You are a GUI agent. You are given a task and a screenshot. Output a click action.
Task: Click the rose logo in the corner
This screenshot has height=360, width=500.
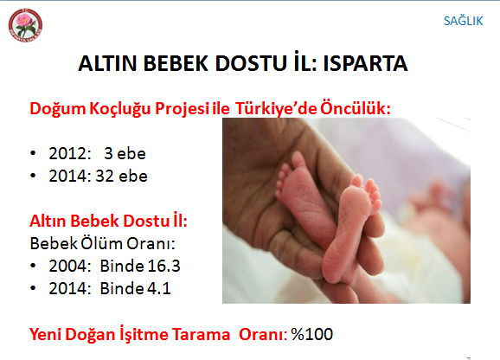[25, 25]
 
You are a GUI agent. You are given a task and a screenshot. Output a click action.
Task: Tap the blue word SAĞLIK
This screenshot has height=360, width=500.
[463, 21]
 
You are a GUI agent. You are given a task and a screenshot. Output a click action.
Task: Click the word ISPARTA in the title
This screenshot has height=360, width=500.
[365, 63]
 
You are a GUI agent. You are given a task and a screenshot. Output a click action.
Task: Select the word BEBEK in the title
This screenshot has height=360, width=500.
[176, 63]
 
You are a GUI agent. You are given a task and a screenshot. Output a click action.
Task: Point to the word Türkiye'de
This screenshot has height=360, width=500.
[276, 108]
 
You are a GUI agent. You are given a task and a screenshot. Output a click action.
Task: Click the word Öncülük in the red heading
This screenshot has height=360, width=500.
[356, 108]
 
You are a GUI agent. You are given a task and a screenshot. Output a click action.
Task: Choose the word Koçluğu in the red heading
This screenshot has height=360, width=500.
[119, 109]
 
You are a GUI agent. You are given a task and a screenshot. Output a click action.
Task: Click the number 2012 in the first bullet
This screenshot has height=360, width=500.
[68, 154]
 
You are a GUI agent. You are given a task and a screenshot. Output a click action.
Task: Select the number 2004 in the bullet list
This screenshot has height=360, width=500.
[68, 266]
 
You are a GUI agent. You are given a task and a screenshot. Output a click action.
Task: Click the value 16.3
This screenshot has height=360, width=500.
[163, 266]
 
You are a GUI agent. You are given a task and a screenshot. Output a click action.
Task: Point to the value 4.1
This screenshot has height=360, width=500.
[158, 288]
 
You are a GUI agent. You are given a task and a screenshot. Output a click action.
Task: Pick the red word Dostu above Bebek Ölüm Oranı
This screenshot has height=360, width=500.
[146, 221]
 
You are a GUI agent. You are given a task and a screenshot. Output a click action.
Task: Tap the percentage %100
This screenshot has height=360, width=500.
[312, 335]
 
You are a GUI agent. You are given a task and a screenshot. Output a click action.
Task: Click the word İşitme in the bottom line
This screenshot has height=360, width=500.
[144, 334]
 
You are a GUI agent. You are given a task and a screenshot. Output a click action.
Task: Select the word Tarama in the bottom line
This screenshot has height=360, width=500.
[201, 335]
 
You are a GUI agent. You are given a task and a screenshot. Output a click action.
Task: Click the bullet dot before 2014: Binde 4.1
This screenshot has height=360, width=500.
[33, 288]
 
